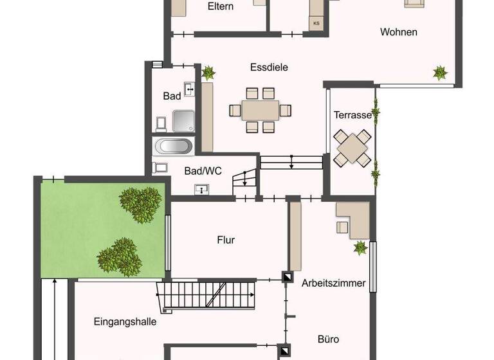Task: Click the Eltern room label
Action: [x=220, y=7]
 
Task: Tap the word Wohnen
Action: [x=398, y=32]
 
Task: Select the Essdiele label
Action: [x=269, y=67]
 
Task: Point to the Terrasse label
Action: [x=352, y=115]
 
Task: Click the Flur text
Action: [x=226, y=240]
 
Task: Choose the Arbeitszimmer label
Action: [x=333, y=283]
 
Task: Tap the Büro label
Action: [x=328, y=339]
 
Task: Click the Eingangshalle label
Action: [x=125, y=321]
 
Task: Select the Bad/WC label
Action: [x=203, y=171]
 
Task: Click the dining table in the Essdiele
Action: [x=260, y=110]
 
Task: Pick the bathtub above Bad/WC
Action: [x=174, y=146]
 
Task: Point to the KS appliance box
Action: [x=316, y=23]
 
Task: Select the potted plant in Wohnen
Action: [x=440, y=72]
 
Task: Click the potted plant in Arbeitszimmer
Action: [x=360, y=248]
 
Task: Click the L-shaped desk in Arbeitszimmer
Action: [x=354, y=219]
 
